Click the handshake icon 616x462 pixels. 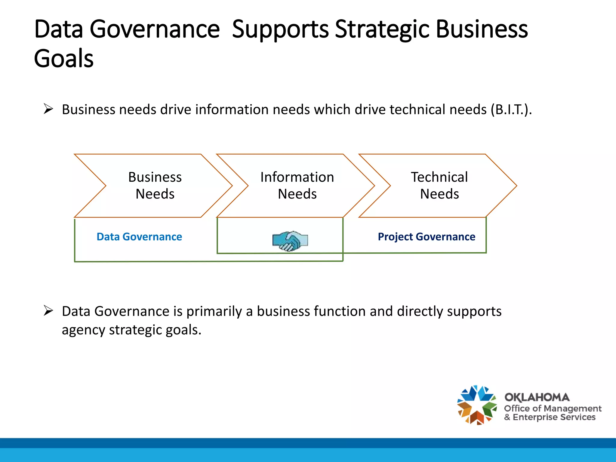(x=290, y=241)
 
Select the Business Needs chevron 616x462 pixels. (x=155, y=186)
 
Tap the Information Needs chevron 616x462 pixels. (x=297, y=186)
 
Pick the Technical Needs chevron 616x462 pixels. (x=439, y=186)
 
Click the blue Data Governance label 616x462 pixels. (x=139, y=237)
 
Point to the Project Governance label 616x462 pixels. (x=427, y=237)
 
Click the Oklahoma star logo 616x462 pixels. (x=477, y=405)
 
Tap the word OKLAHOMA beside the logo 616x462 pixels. (x=537, y=397)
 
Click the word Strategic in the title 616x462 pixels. (x=382, y=29)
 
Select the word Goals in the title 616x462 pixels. (x=64, y=59)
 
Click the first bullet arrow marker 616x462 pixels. (x=48, y=109)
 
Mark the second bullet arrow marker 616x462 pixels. (x=48, y=310)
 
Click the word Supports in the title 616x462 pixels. (x=280, y=29)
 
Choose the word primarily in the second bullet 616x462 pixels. (x=214, y=311)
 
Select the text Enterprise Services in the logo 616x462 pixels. (x=554, y=417)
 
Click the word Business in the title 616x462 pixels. (x=482, y=29)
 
